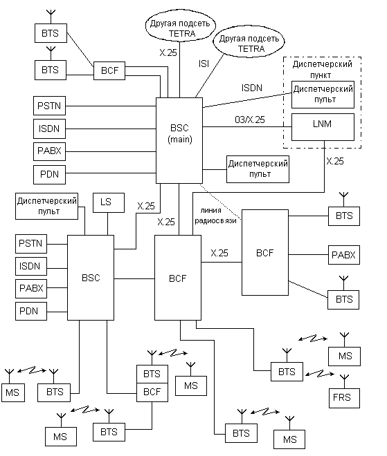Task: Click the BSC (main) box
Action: (179, 140)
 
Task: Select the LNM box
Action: (323, 127)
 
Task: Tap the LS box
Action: (109, 202)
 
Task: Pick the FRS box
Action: (344, 398)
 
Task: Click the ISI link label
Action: (204, 64)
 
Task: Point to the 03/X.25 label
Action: (250, 120)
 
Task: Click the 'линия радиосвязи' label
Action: (215, 216)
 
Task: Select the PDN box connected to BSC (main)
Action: (49, 175)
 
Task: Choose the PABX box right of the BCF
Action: (344, 255)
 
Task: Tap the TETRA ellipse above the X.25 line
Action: (181, 28)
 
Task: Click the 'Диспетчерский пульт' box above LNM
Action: (323, 95)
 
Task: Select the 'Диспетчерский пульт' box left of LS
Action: (46, 206)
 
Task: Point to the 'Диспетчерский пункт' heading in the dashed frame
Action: (322, 69)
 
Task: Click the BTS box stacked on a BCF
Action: (152, 374)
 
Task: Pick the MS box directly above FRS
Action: (344, 357)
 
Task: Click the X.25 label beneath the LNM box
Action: (335, 161)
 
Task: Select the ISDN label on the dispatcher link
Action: (252, 88)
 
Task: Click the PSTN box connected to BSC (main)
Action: (49, 106)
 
